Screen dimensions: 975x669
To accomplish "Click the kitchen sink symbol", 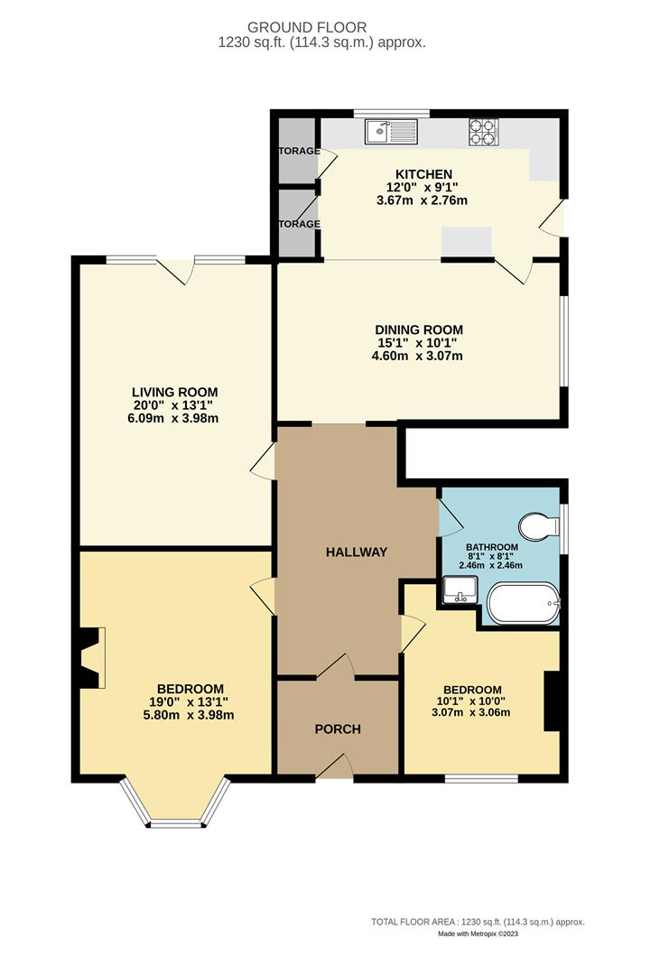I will click(391, 133).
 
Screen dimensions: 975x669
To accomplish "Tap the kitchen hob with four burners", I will click(484, 133).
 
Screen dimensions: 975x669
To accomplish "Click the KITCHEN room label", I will click(423, 174).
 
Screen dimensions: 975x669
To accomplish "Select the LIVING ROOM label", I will click(174, 392).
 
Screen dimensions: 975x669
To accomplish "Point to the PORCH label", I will click(337, 729).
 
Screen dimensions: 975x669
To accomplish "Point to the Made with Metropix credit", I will click(479, 933).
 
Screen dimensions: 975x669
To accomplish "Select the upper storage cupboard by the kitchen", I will click(296, 150).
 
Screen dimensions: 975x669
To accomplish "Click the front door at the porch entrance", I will click(335, 768).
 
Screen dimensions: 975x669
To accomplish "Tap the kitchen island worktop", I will click(466, 239).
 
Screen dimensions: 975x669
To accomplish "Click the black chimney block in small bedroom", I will click(552, 701).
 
